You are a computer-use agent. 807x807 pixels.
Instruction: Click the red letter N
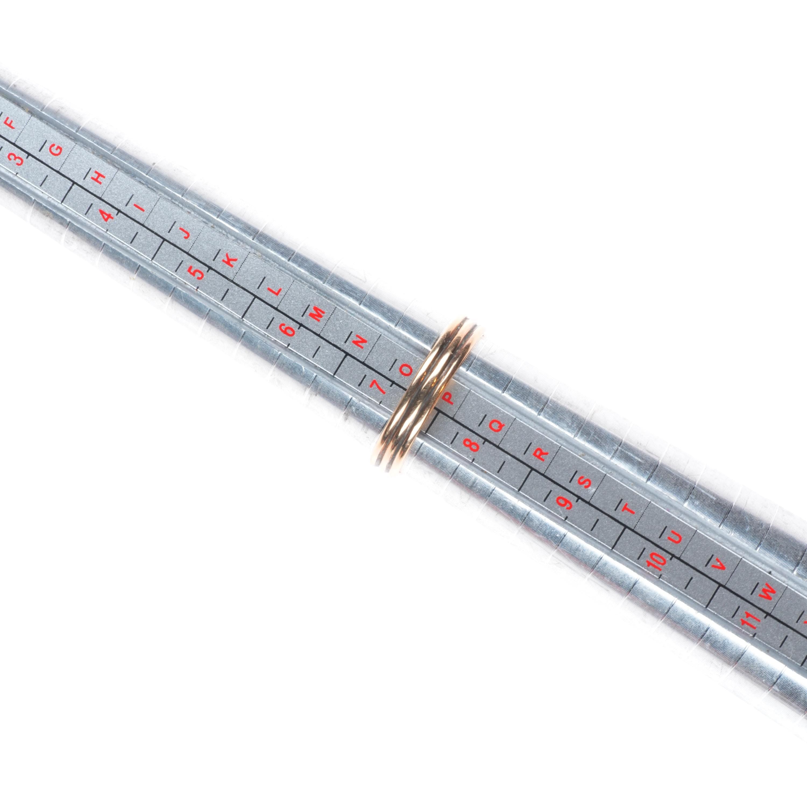[x=360, y=342]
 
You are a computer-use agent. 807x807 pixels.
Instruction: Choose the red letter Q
[x=496, y=426]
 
